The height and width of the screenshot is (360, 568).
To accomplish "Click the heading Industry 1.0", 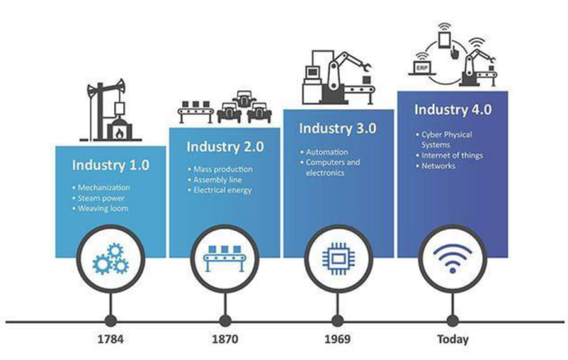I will click(x=110, y=164).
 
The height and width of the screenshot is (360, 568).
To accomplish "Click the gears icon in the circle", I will click(x=110, y=259).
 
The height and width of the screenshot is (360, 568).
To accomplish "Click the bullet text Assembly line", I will click(x=214, y=180).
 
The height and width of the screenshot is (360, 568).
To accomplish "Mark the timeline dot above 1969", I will click(x=337, y=322).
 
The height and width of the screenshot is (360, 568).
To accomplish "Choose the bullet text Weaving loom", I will click(x=103, y=209).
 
